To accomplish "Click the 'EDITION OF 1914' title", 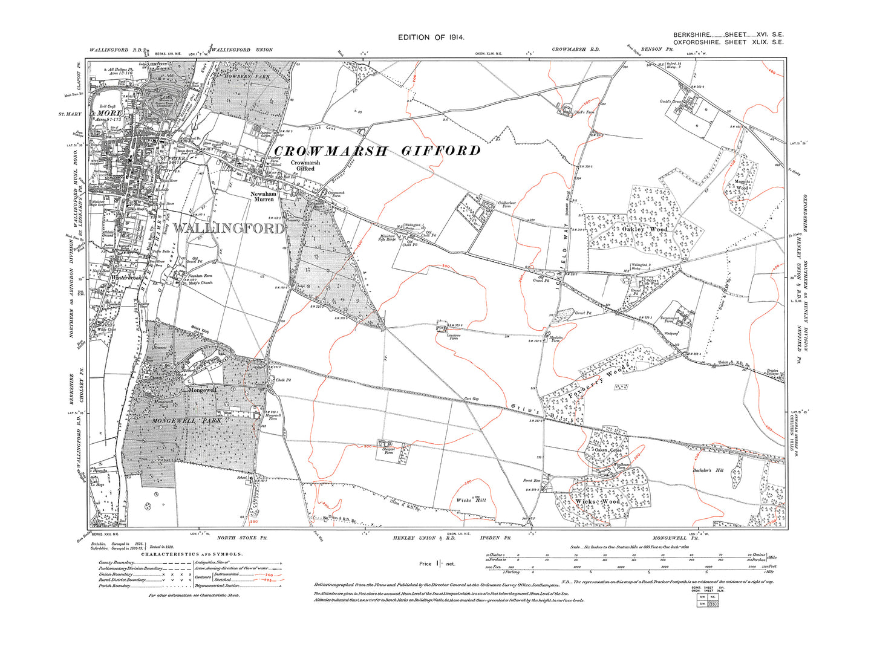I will pos(431,37).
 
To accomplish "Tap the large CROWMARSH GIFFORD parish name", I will pos(377,151).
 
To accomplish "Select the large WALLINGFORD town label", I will pos(228,228).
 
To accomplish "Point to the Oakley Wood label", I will pos(645,229).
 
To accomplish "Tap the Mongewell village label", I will pos(202,390).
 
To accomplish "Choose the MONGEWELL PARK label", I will pos(186,420).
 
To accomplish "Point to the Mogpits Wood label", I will pos(742,184).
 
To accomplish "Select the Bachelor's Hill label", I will pos(708,470).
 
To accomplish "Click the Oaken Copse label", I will pos(607,450).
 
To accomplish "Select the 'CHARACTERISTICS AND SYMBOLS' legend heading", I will pos(192,554).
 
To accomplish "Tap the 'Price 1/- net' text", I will pos(436,564).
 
